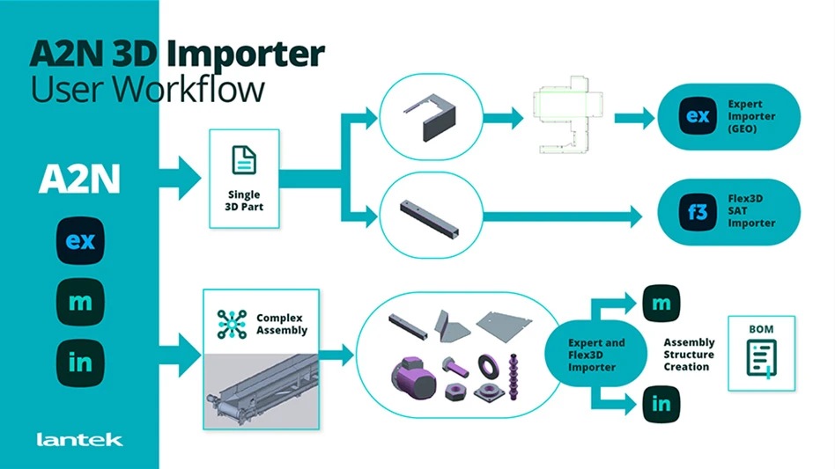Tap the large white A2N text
pyautogui.click(x=79, y=180)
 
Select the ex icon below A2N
pyautogui.click(x=80, y=240)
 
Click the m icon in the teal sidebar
pyautogui.click(x=80, y=302)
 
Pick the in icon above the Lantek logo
pyautogui.click(x=80, y=362)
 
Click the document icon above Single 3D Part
pyautogui.click(x=244, y=159)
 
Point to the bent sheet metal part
pyautogui.click(x=425, y=117)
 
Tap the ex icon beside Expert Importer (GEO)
pyautogui.click(x=697, y=116)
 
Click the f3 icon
pyautogui.click(x=697, y=211)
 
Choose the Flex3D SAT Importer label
pyautogui.click(x=751, y=211)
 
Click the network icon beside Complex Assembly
pyautogui.click(x=233, y=324)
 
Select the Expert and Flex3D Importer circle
pyautogui.click(x=584, y=355)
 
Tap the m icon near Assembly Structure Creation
pyautogui.click(x=661, y=304)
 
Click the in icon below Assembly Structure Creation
pyautogui.click(x=661, y=404)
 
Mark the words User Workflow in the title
pyautogui.click(x=146, y=90)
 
